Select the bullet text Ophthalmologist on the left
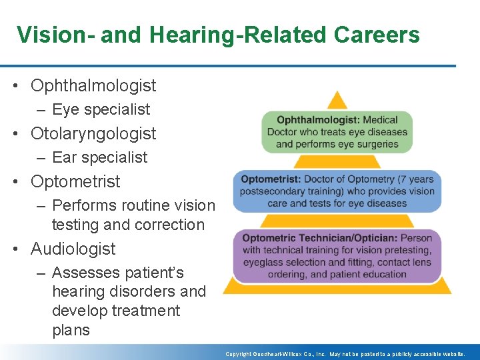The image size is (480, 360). point(93,85)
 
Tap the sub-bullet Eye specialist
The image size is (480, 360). point(101,109)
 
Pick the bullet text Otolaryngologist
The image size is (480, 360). point(93,133)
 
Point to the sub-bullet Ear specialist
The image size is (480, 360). point(99,157)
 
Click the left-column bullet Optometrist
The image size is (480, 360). point(75,181)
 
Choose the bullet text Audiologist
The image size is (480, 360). point(73,249)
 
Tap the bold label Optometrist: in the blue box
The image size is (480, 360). point(271,179)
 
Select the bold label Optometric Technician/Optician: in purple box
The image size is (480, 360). point(319,237)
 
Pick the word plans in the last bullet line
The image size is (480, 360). point(71,330)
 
